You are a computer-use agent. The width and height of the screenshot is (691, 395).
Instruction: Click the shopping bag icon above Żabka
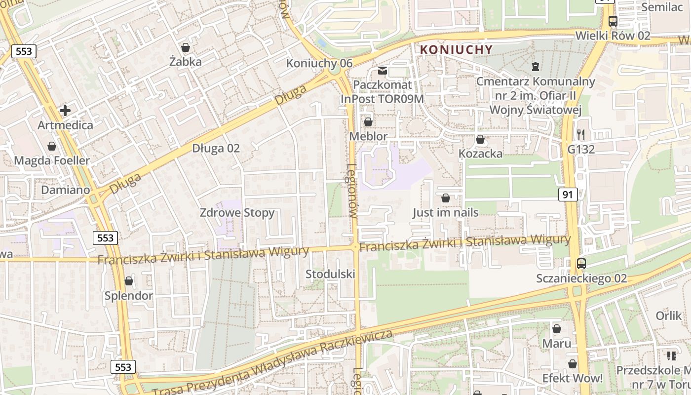tap(186, 47)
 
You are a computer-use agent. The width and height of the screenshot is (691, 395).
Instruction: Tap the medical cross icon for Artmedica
tap(65, 111)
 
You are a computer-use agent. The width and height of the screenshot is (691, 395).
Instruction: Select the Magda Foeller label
tap(52, 160)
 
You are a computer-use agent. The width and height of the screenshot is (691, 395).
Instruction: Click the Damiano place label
tap(66, 190)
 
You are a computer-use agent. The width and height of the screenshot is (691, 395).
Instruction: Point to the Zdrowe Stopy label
tap(237, 213)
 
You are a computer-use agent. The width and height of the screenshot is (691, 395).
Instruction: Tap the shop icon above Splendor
tap(129, 281)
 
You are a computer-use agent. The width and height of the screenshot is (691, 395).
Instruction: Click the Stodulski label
tap(330, 274)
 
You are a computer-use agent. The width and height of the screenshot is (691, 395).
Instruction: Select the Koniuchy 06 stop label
tap(319, 63)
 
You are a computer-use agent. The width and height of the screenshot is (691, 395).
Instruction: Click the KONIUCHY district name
tap(456, 49)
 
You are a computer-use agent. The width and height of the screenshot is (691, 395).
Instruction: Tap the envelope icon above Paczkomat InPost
tap(383, 71)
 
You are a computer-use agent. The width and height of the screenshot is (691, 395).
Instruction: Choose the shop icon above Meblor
tap(368, 121)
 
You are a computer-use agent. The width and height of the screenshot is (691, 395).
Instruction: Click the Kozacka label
tap(480, 154)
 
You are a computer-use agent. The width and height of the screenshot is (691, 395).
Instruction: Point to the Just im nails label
tap(446, 212)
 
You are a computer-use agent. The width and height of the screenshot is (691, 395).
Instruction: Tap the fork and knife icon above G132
tap(581, 134)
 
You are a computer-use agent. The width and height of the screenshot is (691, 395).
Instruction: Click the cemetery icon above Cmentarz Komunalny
tap(536, 66)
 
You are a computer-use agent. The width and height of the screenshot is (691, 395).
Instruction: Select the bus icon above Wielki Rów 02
tap(613, 21)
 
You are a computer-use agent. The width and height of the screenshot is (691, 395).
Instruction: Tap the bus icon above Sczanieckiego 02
tap(581, 264)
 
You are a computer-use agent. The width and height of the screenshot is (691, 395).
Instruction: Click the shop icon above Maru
tap(557, 329)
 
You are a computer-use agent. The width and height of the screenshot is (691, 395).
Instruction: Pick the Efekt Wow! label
tap(573, 378)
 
